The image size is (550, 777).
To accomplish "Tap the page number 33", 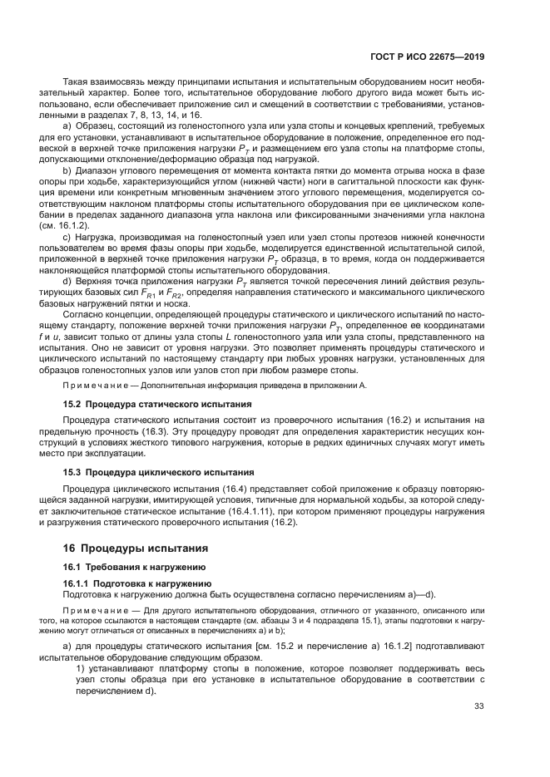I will coord(478,706).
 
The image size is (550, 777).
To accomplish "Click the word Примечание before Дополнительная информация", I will coord(91,386).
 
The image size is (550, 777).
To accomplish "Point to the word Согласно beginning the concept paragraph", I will coord(87,315).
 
